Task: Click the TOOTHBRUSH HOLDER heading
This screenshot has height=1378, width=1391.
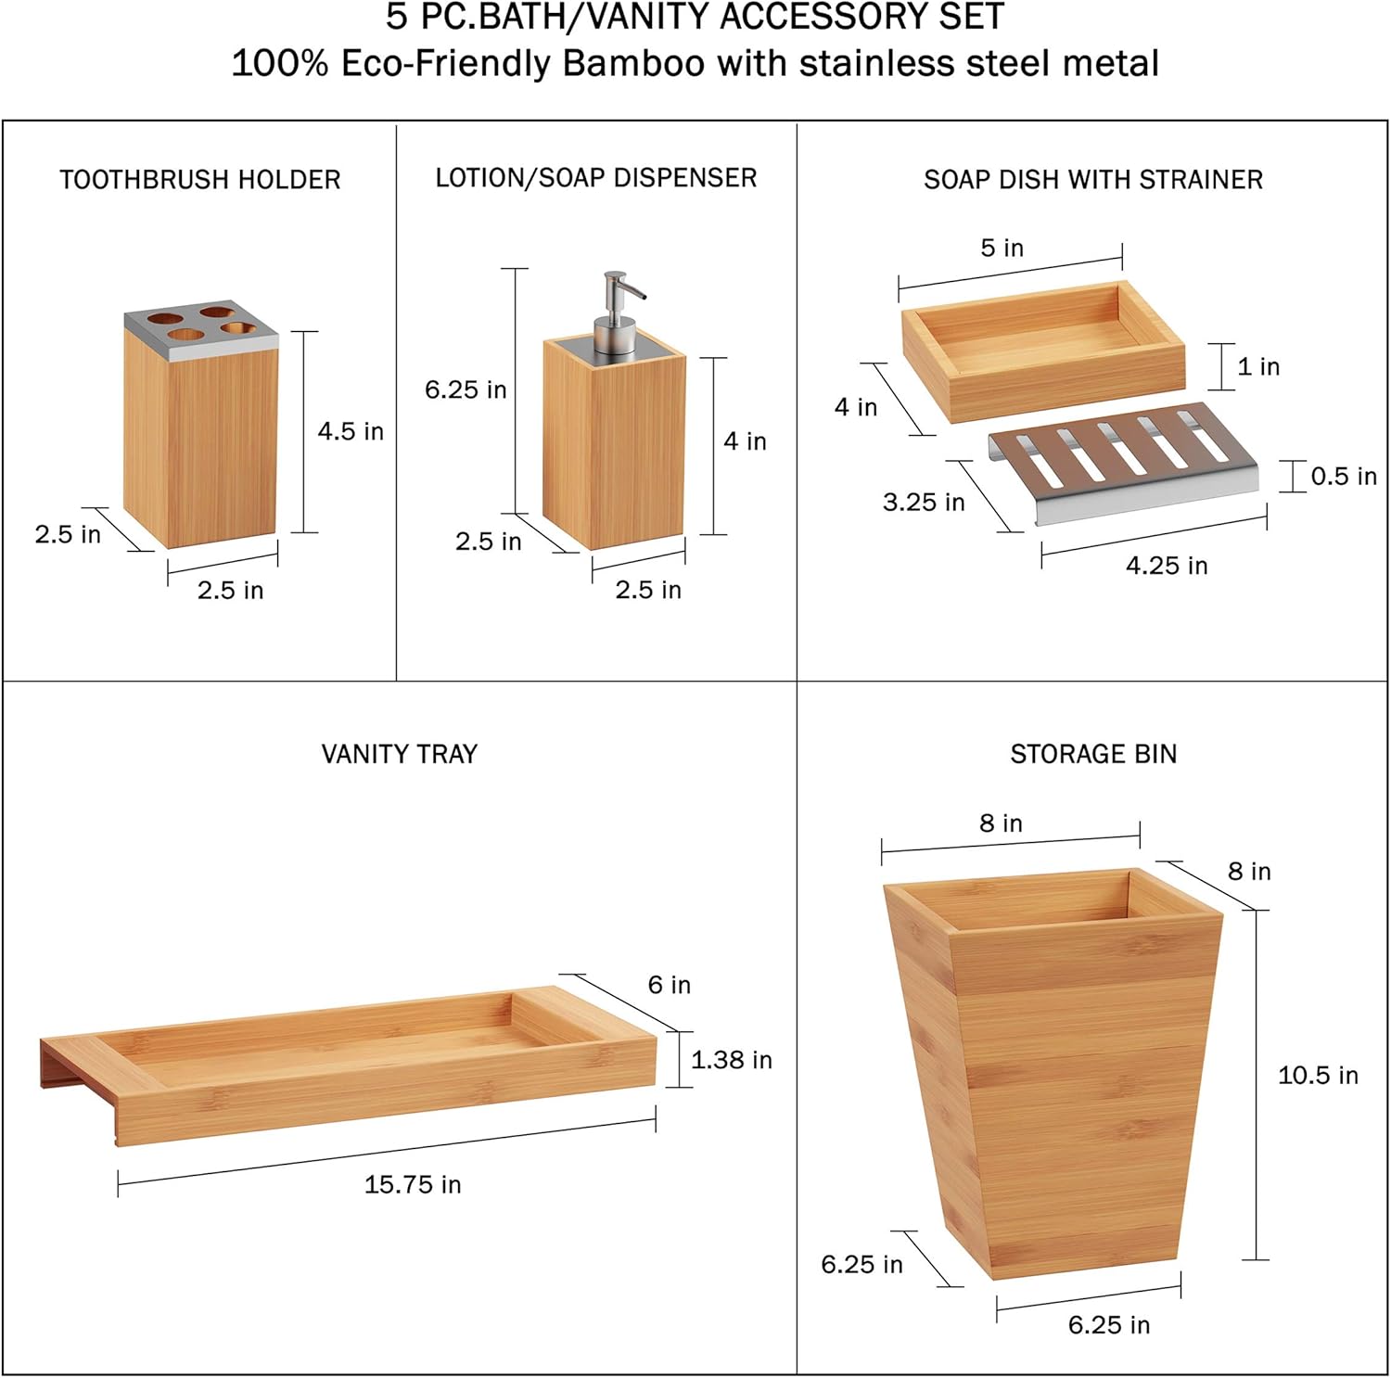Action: point(200,180)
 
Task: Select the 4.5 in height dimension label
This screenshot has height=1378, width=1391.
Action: point(351,431)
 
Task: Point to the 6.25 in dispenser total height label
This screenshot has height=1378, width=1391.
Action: point(466,390)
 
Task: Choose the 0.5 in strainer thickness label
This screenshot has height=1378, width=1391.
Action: point(1343,477)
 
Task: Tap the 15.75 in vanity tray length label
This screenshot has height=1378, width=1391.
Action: point(413,1184)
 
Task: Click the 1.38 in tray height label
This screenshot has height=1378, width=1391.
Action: point(731,1060)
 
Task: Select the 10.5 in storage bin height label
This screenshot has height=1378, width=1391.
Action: point(1318,1076)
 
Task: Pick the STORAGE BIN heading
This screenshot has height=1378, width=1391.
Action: point(1093,754)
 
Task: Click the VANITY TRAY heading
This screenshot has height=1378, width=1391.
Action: point(400,754)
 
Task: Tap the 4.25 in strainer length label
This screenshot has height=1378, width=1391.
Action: point(1167,566)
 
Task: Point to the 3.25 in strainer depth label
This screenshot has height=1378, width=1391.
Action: point(924,503)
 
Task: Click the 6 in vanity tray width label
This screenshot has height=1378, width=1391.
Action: point(670,985)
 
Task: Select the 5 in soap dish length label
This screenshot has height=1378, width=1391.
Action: point(1002,249)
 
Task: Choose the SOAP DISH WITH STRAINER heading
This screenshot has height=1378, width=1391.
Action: point(1093,180)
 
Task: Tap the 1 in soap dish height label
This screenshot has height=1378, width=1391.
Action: point(1258,367)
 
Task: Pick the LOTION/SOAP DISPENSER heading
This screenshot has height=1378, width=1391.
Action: point(596,178)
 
